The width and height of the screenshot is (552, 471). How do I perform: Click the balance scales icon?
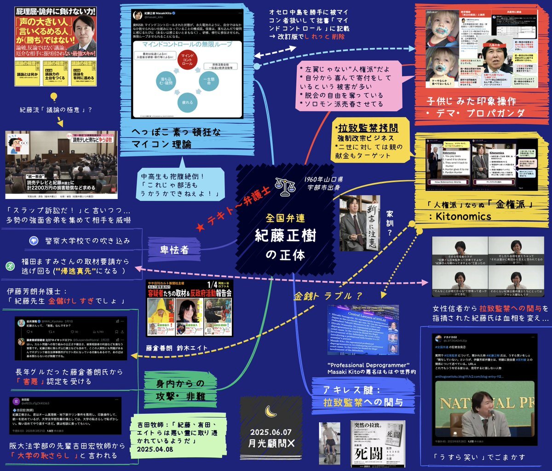tap(284, 186)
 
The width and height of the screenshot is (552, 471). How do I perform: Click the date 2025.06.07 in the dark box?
tap(271, 431)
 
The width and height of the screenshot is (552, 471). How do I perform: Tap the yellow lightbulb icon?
tap(53, 97)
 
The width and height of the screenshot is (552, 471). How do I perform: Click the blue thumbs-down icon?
tap(33, 240)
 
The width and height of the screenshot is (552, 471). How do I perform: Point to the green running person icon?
tap(10, 266)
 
